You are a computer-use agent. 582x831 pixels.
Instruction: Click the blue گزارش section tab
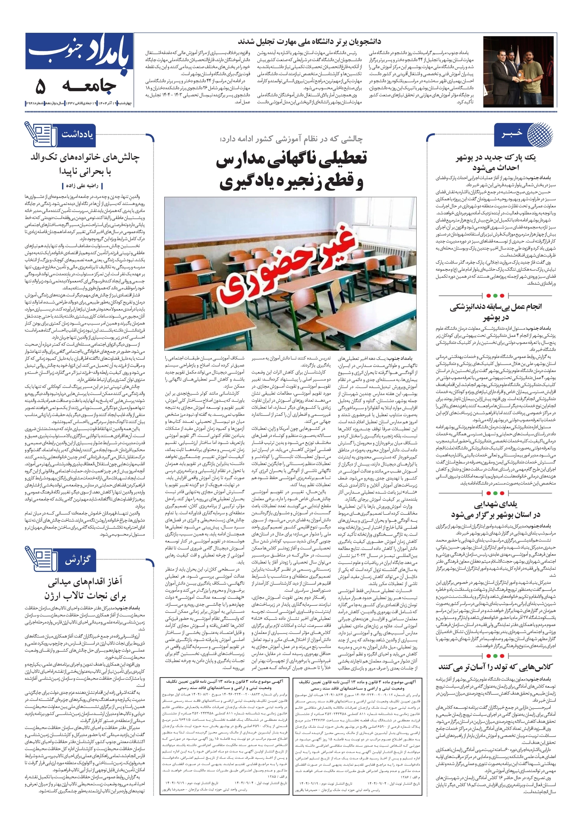pyautogui.click(x=77, y=560)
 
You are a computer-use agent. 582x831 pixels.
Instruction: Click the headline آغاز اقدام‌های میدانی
pyautogui.click(x=85, y=588)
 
